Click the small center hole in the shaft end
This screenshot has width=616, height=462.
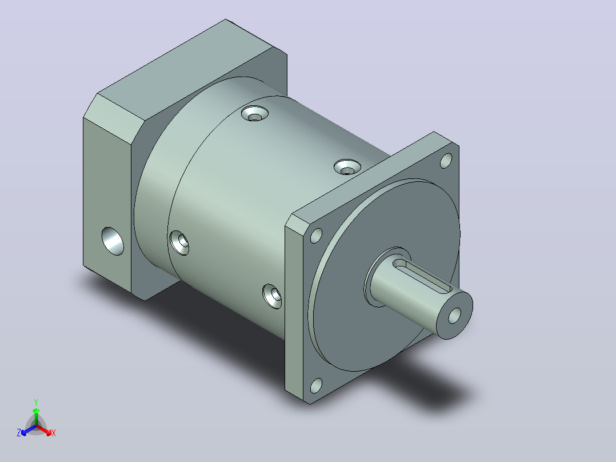pyautogui.click(x=454, y=316)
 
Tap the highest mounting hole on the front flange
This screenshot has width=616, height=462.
pyautogui.click(x=446, y=161)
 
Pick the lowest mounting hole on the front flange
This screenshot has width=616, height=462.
pyautogui.click(x=316, y=386)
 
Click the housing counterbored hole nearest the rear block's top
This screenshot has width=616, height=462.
pyautogui.click(x=255, y=114)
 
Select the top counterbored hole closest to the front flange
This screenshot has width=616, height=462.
pyautogui.click(x=347, y=167)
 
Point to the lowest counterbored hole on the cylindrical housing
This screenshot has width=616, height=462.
pyautogui.click(x=272, y=296)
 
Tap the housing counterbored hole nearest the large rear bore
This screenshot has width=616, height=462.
pyautogui.click(x=179, y=243)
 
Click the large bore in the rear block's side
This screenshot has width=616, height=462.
pyautogui.click(x=113, y=241)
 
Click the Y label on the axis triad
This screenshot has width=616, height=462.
pyautogui.click(x=36, y=402)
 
